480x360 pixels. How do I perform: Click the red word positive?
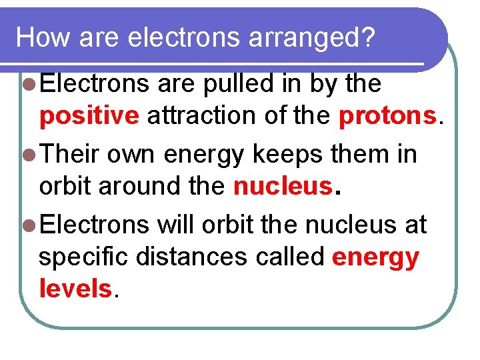point(89,117)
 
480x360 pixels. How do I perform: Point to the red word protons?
point(387,117)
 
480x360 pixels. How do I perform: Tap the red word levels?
point(75,289)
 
